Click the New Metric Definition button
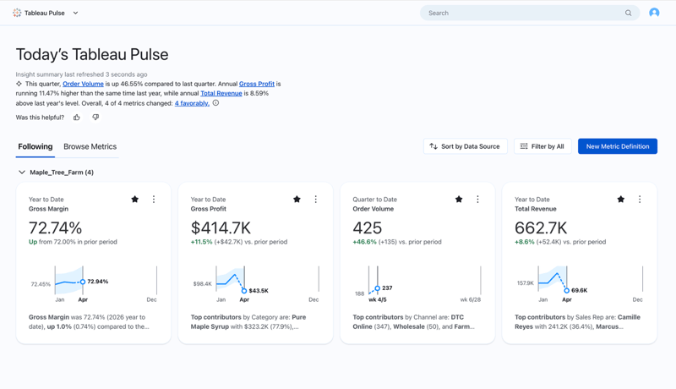pos(617,146)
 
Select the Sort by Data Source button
pos(465,146)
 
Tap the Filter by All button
pos(542,146)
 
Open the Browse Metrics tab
pos(90,146)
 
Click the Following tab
pos(35,146)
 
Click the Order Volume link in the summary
pos(83,84)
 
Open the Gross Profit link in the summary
pos(257,84)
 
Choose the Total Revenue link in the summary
pos(221,93)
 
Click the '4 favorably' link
pos(192,103)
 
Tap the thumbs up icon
pos(77,118)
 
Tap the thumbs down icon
pos(95,118)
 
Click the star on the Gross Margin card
pos(135,200)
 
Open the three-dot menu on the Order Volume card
pos(477,200)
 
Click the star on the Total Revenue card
pos(621,200)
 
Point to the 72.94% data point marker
pos(83,282)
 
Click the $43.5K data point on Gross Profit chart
pos(244,290)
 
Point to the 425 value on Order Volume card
pos(368,227)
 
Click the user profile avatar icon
pos(654,13)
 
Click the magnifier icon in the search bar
pos(628,13)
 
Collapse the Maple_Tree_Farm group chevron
pos(22,173)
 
